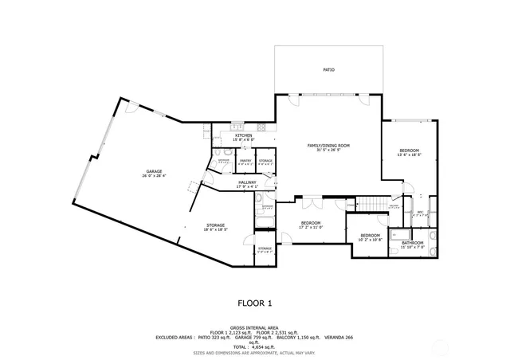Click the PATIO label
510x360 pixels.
(328, 70)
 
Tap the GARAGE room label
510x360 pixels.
(154, 172)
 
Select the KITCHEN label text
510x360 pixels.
(244, 136)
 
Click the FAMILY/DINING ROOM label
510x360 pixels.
(329, 146)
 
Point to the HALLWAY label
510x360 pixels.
(247, 182)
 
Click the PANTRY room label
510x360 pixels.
(245, 161)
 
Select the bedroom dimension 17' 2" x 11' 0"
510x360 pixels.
(310, 227)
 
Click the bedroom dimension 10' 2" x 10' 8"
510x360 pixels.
(371, 239)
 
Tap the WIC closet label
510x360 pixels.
(420, 212)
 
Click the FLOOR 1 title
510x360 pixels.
(255, 303)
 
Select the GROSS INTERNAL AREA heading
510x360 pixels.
(254, 327)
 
